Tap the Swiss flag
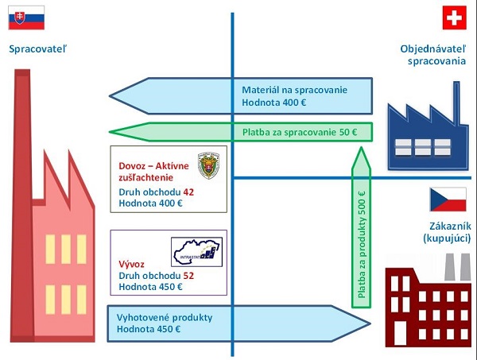tap(455, 17)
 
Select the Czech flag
tap(448, 199)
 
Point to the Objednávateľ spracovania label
tap(432, 55)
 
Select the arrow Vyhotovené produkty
tap(238, 323)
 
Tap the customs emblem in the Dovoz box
tap(209, 165)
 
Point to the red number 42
tap(188, 192)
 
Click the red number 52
tap(188, 276)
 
